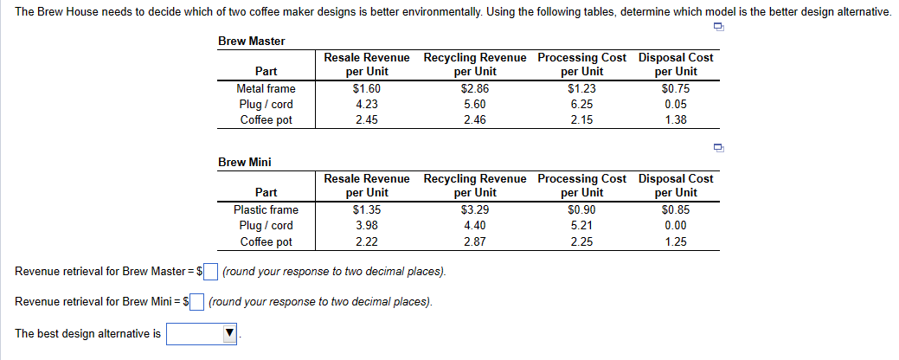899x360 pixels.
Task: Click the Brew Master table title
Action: click(252, 41)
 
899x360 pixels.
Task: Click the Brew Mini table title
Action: click(245, 162)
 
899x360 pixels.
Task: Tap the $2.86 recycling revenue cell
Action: click(475, 88)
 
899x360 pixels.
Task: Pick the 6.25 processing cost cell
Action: click(582, 105)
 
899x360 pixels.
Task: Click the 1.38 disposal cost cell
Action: click(676, 120)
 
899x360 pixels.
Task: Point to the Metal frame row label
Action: click(266, 88)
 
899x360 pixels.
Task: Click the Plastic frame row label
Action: click(266, 209)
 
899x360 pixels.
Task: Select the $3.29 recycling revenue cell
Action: click(475, 209)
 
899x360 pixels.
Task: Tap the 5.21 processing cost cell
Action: click(582, 226)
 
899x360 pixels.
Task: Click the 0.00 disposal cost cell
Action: click(676, 226)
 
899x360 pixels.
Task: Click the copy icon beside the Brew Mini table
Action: click(717, 148)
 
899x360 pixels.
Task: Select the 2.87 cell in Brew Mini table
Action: click(475, 241)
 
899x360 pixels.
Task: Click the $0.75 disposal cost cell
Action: click(676, 88)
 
